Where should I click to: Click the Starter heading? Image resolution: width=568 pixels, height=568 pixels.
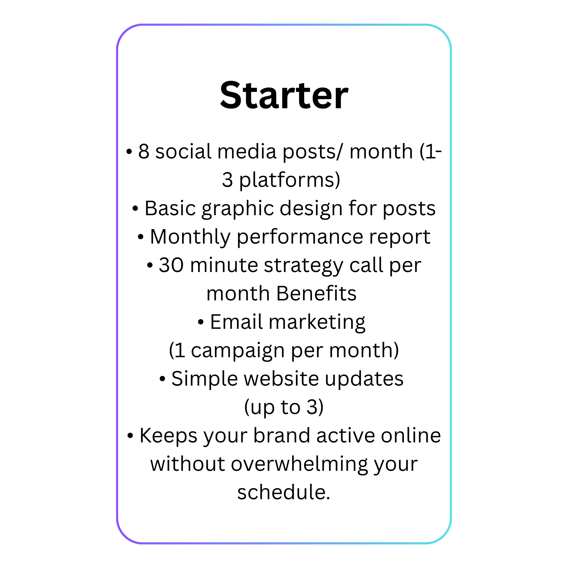click(x=284, y=95)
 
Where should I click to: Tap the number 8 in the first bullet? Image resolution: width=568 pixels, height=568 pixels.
click(x=144, y=151)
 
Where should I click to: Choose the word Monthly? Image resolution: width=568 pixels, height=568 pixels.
click(x=190, y=237)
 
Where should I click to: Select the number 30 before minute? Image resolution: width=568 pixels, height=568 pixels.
click(x=171, y=265)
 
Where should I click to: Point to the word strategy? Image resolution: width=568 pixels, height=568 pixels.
click(x=304, y=266)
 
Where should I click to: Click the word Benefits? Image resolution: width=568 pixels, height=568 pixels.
click(x=316, y=293)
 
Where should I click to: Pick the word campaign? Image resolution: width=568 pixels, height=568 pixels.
click(x=238, y=351)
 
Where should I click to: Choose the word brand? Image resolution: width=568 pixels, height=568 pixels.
click(x=282, y=435)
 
